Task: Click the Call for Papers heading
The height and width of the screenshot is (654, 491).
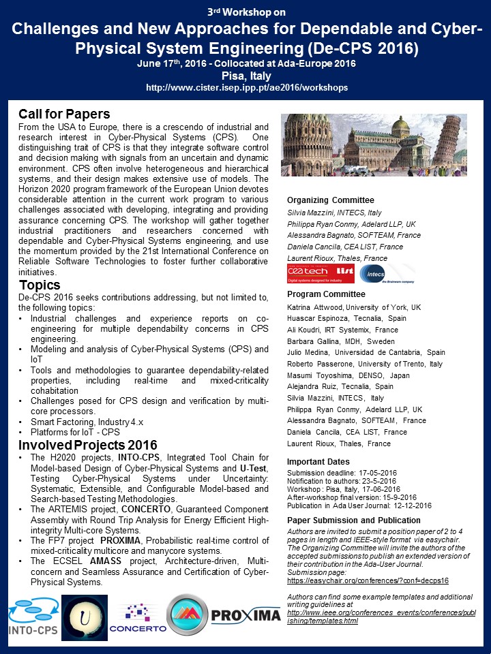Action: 64,114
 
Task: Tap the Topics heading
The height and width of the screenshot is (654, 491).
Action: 40,285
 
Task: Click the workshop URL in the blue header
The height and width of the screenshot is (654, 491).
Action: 247,88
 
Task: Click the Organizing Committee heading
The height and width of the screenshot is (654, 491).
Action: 331,200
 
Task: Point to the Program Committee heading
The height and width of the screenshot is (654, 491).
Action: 326,294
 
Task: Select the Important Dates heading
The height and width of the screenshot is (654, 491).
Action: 318,461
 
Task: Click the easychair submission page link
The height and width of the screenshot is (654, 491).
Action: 368,580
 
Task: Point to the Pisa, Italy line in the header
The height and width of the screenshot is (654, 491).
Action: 245,76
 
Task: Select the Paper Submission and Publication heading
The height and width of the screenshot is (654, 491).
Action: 354,520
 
